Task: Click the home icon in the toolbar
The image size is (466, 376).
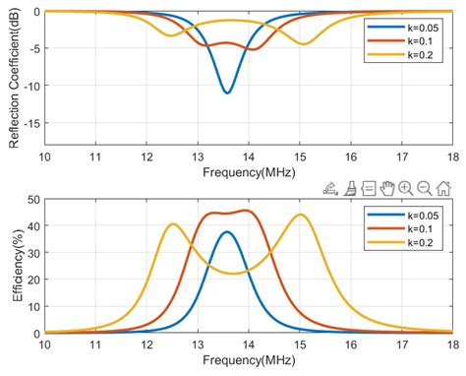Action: click(x=444, y=188)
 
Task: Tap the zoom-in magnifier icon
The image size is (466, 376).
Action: click(x=405, y=188)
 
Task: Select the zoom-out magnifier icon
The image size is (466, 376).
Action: click(x=425, y=188)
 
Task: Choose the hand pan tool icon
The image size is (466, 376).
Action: click(x=386, y=188)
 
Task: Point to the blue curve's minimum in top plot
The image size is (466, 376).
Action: click(x=227, y=93)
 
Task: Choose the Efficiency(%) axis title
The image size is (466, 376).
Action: click(x=12, y=266)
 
